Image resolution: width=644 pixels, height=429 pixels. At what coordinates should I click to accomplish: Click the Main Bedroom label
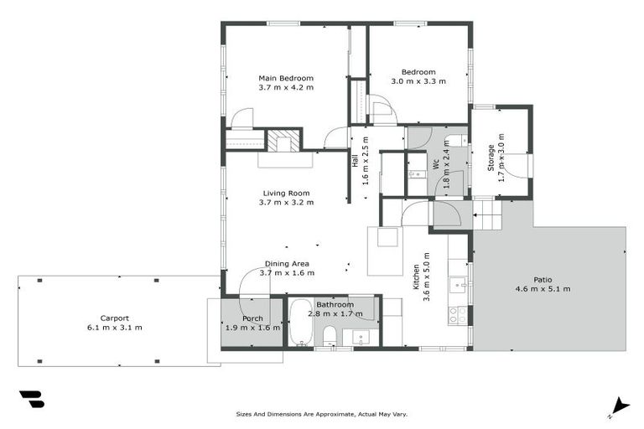pos(286,78)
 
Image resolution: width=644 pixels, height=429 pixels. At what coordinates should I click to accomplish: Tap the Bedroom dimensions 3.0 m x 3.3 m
pos(418,81)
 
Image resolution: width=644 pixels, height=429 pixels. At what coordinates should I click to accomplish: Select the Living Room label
pos(286,193)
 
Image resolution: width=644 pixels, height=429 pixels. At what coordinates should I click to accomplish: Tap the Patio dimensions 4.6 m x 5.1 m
pos(543,289)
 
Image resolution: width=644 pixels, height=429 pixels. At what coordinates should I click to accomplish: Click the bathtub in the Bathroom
pos(299,328)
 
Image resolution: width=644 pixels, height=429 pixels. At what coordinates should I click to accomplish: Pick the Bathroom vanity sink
pos(360,337)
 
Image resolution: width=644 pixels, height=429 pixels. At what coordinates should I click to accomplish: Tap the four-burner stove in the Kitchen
pos(458,314)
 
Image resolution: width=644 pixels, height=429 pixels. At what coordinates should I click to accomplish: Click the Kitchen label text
pos(415,278)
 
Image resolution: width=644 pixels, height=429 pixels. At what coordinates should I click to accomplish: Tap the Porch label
pos(252,318)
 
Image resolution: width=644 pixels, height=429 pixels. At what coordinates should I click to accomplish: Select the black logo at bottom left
pos(31,399)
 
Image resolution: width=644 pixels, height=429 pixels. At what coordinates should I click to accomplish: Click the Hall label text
pos(355,160)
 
